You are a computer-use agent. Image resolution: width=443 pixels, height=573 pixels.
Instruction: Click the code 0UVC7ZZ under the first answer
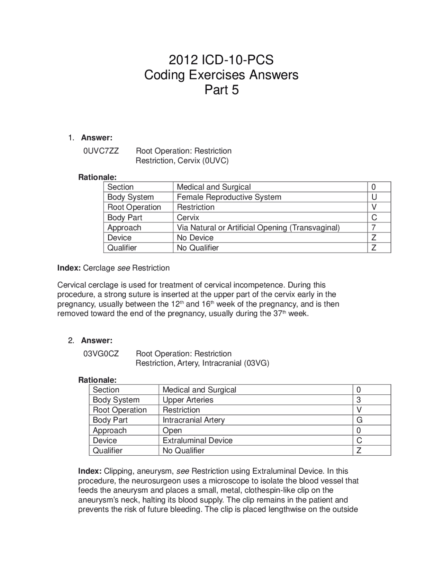point(101,151)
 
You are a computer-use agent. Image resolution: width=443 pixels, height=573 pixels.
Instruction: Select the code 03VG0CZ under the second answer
point(101,354)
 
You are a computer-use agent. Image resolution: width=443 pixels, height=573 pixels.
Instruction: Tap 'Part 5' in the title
point(221,90)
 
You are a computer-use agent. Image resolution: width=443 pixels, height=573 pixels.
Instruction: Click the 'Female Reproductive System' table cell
point(229,197)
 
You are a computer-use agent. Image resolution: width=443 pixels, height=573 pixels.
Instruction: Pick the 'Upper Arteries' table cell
point(188,400)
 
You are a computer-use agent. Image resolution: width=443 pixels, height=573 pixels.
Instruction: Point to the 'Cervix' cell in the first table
point(188,218)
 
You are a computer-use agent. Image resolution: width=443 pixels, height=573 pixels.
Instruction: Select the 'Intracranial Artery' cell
point(193,420)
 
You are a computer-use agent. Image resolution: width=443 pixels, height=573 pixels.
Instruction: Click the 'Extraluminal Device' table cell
point(197,440)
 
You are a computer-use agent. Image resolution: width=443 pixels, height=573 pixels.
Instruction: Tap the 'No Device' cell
point(195,238)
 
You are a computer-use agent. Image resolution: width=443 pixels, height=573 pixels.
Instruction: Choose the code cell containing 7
point(374,228)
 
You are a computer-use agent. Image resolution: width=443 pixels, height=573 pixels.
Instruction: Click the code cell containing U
point(374,197)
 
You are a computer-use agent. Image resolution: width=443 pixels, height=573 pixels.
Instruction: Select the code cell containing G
point(359,420)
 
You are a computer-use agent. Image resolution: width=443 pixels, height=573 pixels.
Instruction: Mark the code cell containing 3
point(359,400)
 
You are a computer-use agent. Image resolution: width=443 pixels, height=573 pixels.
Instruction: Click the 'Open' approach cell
point(172,430)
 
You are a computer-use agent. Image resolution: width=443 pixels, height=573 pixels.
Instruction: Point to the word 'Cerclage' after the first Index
point(99,268)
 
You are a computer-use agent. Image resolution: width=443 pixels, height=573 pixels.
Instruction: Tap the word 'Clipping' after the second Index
point(118,471)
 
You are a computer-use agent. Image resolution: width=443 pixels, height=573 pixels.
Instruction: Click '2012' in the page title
point(183,60)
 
